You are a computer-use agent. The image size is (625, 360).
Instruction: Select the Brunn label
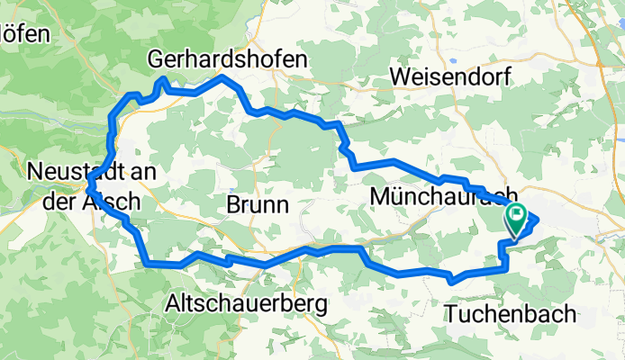[x=258, y=204]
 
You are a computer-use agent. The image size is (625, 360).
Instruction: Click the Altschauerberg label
[x=246, y=305]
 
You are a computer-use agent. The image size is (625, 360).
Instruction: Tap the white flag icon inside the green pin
[x=519, y=215]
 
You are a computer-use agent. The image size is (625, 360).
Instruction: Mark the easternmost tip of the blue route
[x=538, y=217]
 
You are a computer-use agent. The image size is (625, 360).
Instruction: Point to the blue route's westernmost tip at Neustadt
[x=87, y=189]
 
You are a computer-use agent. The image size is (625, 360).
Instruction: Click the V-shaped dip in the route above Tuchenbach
[x=450, y=281]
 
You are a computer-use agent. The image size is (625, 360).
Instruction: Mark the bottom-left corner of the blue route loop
[x=146, y=264]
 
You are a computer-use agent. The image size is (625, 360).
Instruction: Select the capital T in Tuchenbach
[x=451, y=313]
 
